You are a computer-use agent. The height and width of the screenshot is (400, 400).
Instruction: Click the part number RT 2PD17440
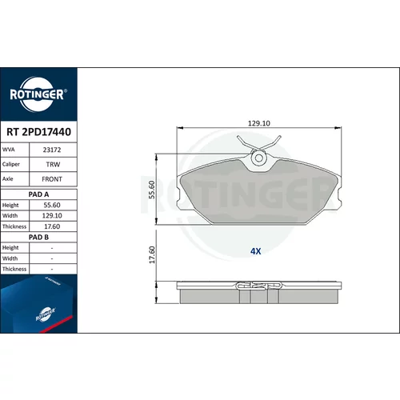point(38,132)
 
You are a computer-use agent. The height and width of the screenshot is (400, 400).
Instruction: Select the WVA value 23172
point(52,150)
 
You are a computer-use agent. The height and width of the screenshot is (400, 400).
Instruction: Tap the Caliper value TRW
point(53,164)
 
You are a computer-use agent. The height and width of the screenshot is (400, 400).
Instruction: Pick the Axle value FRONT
point(52,179)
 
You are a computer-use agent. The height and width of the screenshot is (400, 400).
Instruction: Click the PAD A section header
point(38,194)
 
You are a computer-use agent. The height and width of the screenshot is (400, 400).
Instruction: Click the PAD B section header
point(38,237)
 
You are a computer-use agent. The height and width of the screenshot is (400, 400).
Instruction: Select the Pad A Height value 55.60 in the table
point(52,205)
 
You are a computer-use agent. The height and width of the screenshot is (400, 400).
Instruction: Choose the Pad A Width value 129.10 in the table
point(52,215)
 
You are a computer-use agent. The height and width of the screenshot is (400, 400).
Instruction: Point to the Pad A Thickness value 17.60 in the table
point(52,226)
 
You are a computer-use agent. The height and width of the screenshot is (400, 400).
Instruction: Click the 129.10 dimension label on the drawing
point(259,123)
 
